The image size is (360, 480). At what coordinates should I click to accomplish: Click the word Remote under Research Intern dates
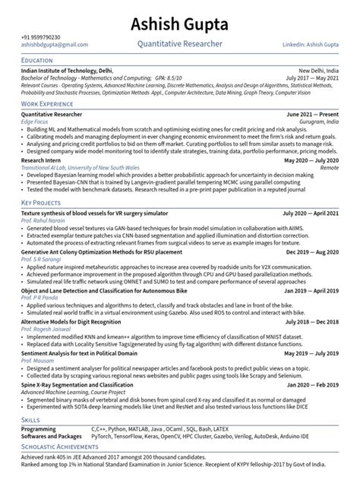tap(330, 169)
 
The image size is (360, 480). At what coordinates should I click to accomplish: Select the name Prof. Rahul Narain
tap(44, 222)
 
